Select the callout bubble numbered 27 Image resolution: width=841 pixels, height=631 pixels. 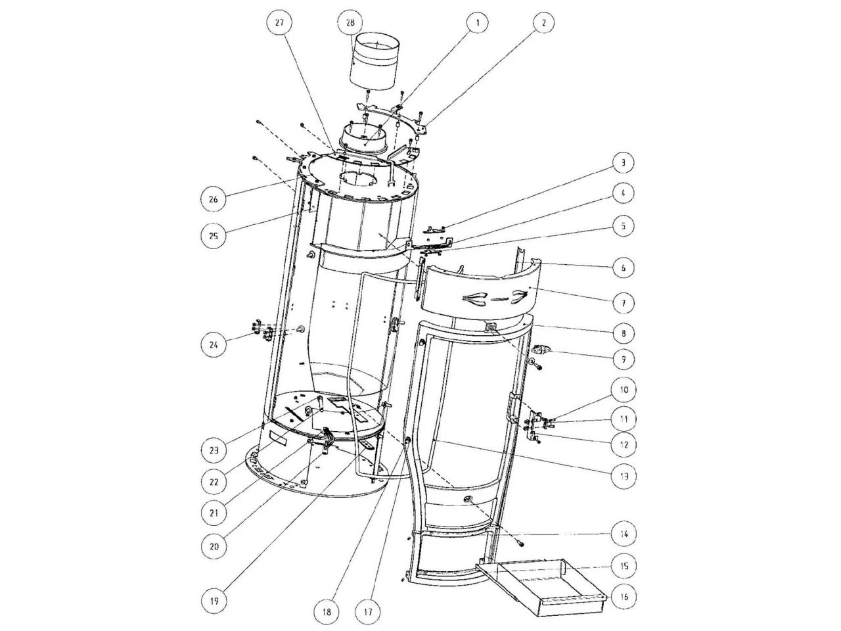[279, 23]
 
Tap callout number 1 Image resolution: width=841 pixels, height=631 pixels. [478, 23]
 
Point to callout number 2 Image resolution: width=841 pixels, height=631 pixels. [543, 23]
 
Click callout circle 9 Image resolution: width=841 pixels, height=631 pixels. [624, 360]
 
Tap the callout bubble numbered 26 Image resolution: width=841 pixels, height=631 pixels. [214, 199]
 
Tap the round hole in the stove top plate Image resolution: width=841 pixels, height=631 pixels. [359, 179]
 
